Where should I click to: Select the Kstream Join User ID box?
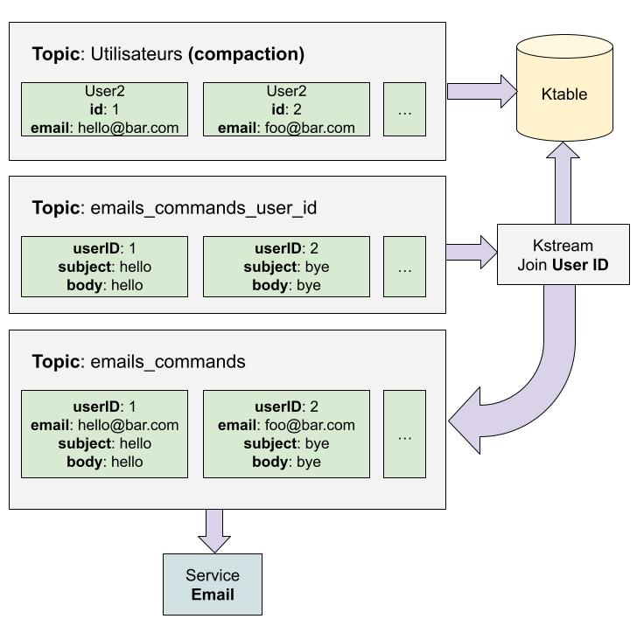coord(563,254)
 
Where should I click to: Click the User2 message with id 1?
coord(104,109)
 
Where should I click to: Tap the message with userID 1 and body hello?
coord(104,266)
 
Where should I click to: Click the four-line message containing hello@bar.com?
coord(104,434)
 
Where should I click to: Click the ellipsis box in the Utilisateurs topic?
coord(404,109)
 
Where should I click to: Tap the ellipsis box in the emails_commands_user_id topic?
coord(404,266)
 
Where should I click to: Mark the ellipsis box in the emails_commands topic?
coord(404,434)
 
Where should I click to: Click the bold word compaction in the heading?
coord(246,54)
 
